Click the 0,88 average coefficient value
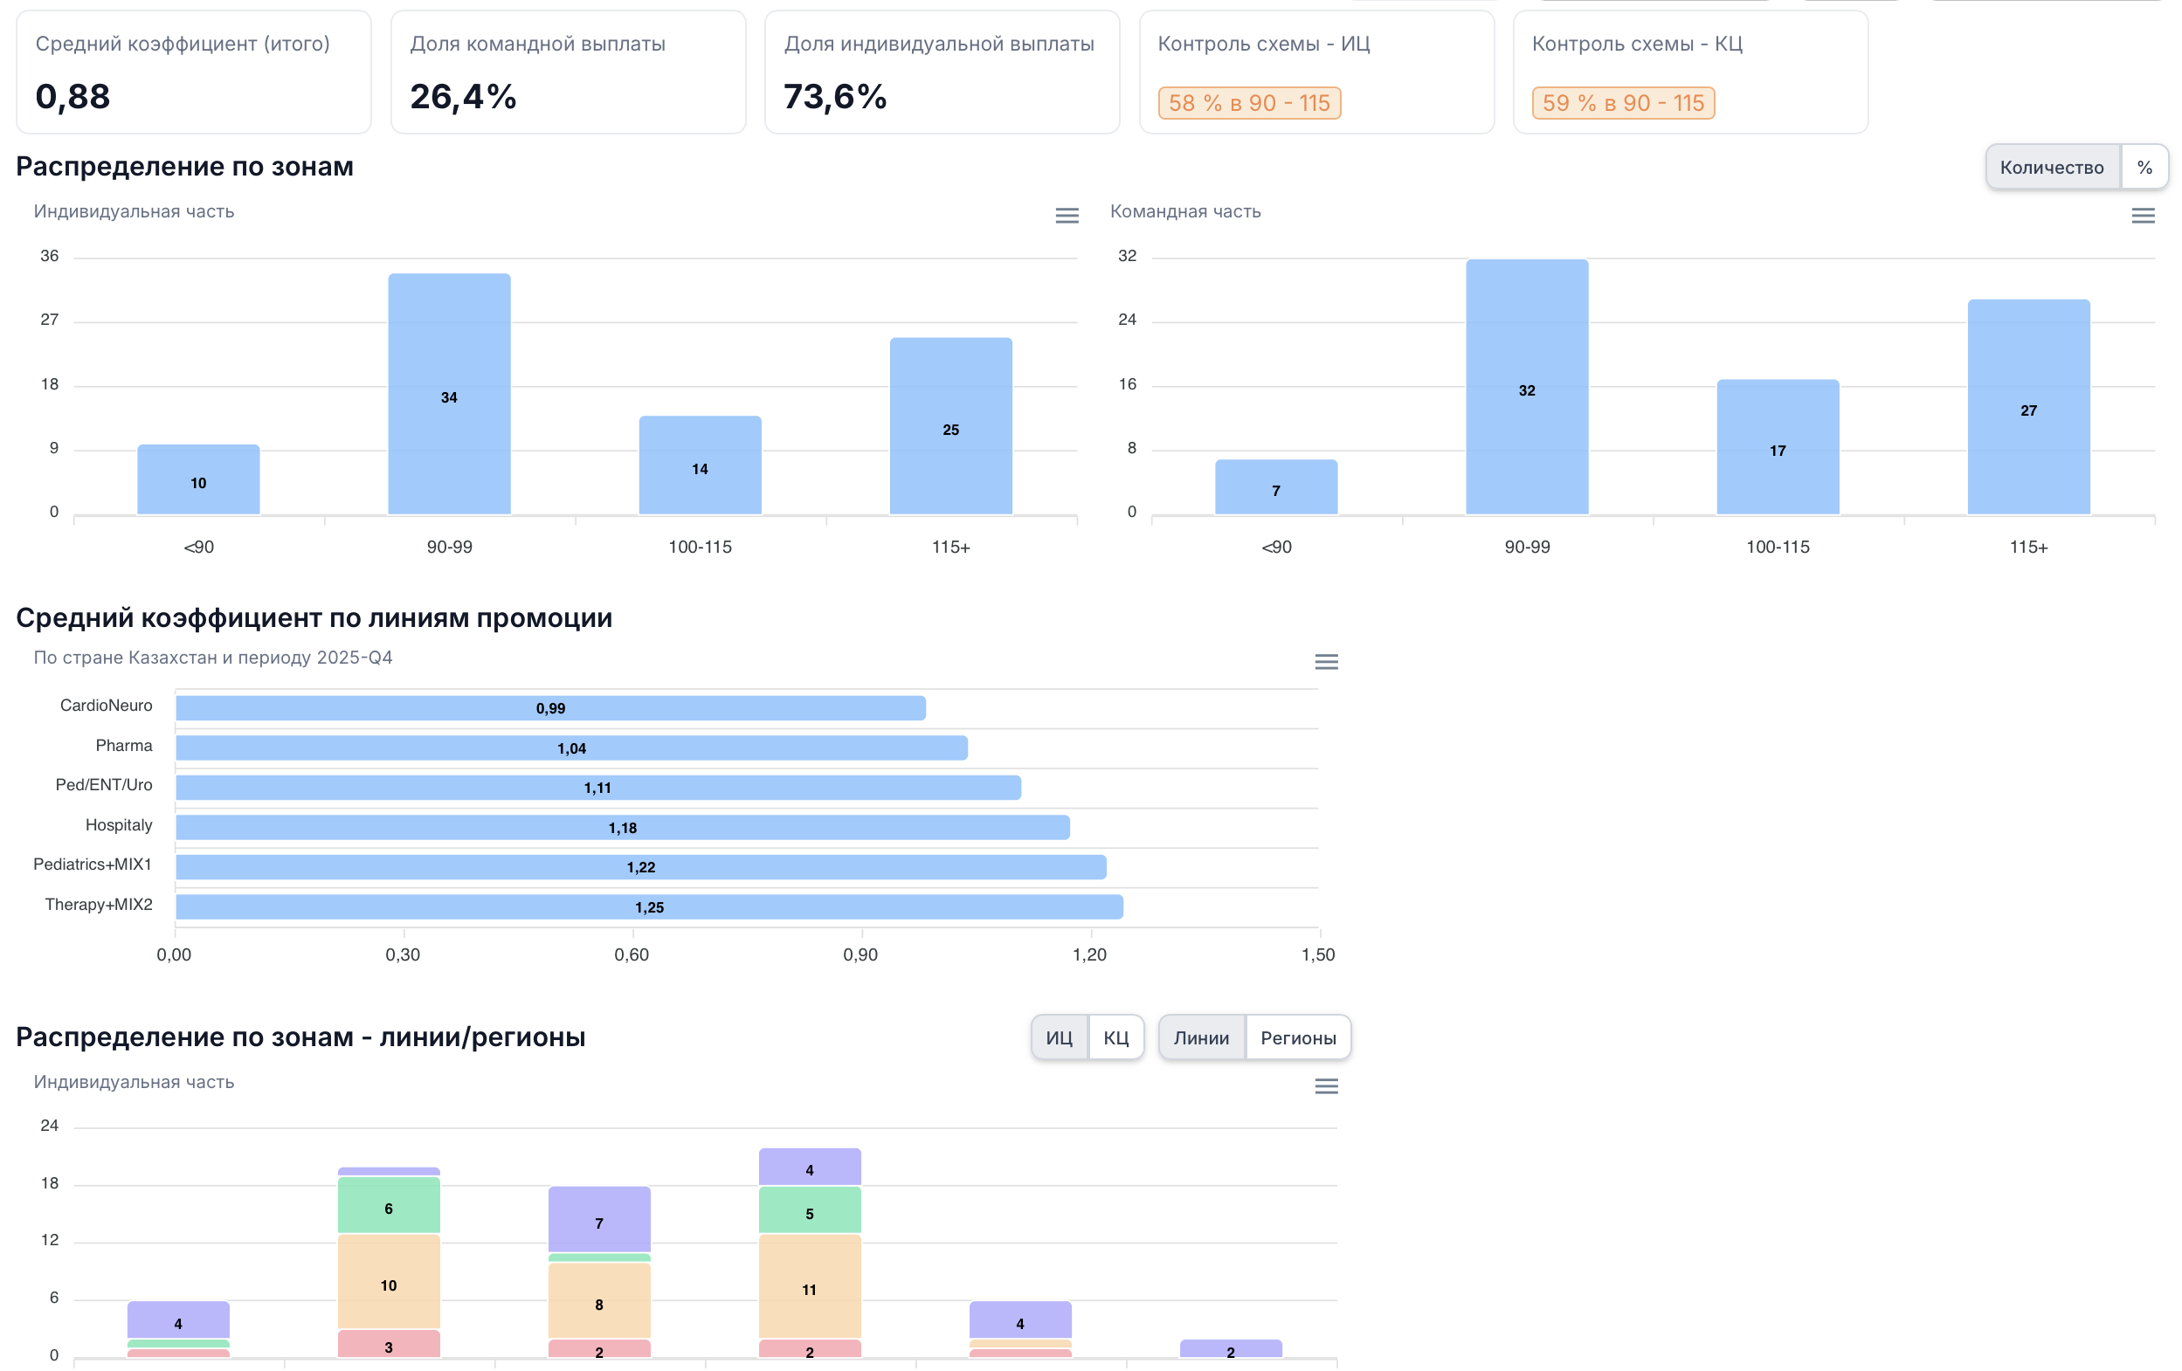click(73, 97)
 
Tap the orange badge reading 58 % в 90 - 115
click(1249, 103)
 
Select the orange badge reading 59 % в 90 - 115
click(1623, 103)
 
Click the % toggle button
click(2144, 168)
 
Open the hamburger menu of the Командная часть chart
click(2142, 216)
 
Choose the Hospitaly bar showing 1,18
click(623, 827)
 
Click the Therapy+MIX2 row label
click(99, 905)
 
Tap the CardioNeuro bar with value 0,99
click(550, 707)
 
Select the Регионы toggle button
click(1298, 1037)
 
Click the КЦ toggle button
click(1115, 1037)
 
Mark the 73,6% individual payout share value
click(834, 97)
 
